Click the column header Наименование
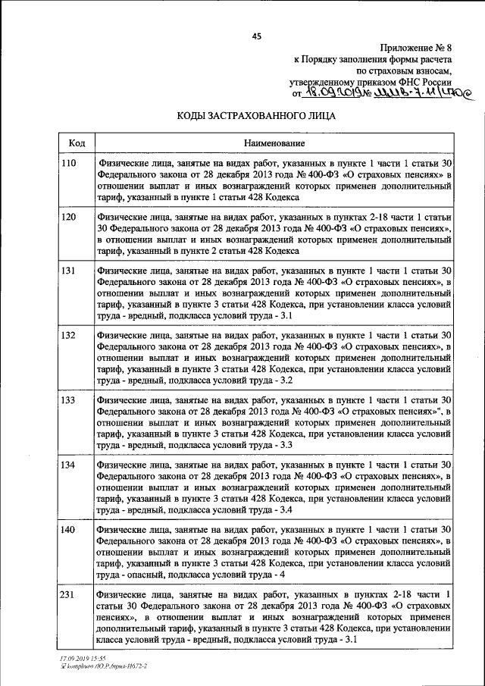[274, 143]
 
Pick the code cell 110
[69, 164]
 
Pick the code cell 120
[69, 217]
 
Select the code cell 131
[69, 270]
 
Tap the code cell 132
[69, 334]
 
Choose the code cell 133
[69, 399]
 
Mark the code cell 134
[69, 464]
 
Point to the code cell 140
[69, 529]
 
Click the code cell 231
[69, 594]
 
